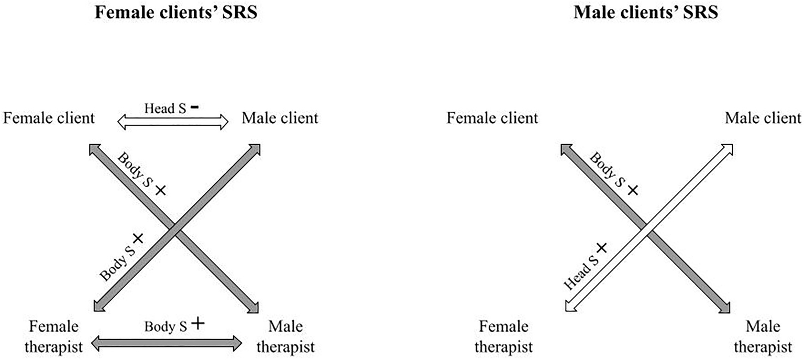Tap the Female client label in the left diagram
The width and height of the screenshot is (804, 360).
click(49, 118)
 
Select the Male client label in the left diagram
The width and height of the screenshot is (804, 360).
click(280, 118)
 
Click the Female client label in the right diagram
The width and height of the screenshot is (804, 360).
click(492, 118)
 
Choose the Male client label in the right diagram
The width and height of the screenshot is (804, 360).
click(763, 118)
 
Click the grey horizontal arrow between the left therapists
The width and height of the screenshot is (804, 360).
click(167, 344)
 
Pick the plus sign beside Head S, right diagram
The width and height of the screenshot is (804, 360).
click(601, 247)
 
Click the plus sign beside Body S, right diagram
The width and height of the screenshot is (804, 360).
click(632, 190)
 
